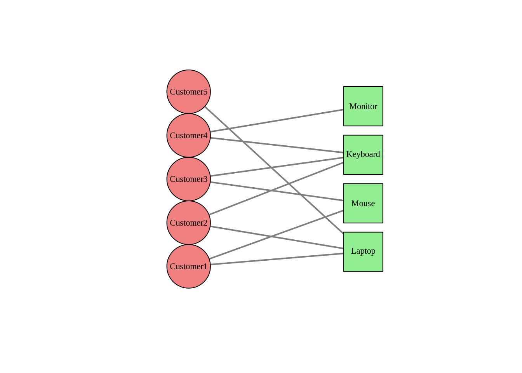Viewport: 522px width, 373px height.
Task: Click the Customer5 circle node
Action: click(189, 92)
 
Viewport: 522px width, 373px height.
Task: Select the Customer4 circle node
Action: click(189, 135)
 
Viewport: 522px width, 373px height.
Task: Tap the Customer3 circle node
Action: click(189, 179)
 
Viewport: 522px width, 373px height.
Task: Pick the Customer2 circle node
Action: click(189, 223)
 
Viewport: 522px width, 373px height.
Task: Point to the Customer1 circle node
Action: click(189, 267)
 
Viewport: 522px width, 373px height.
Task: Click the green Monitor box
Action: click(363, 106)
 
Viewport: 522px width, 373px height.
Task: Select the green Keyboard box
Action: click(363, 155)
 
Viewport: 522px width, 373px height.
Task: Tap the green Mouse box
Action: click(363, 203)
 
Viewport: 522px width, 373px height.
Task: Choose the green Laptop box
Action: click(363, 252)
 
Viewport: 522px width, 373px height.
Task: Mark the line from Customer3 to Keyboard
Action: click(311, 162)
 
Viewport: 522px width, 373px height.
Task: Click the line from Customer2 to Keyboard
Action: click(311, 175)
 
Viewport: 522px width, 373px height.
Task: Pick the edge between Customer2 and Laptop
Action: click(241, 231)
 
